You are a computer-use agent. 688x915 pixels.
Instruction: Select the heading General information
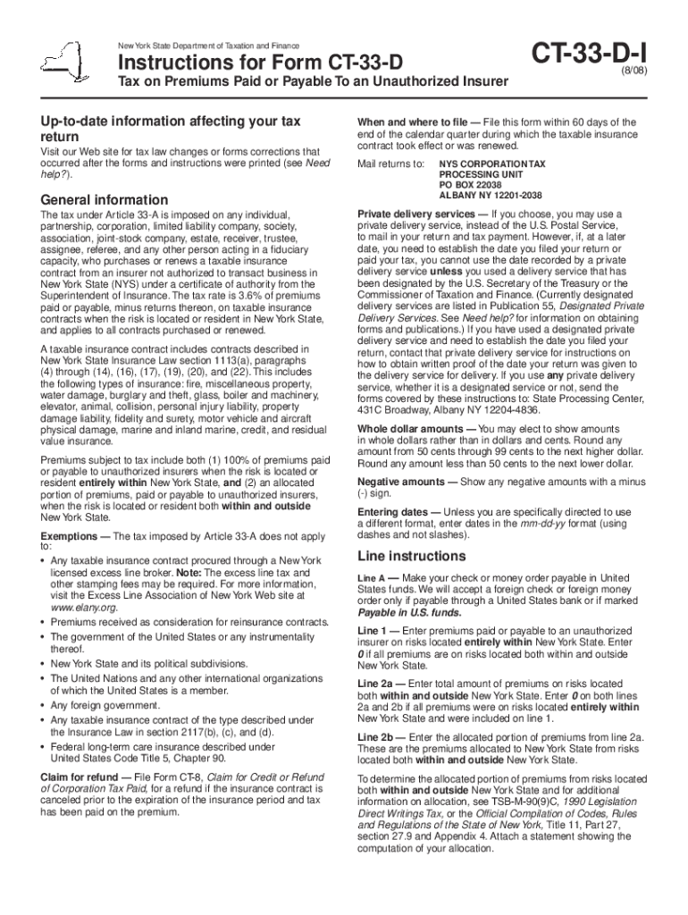97,199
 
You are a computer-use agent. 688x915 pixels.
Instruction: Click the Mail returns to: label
390,164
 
